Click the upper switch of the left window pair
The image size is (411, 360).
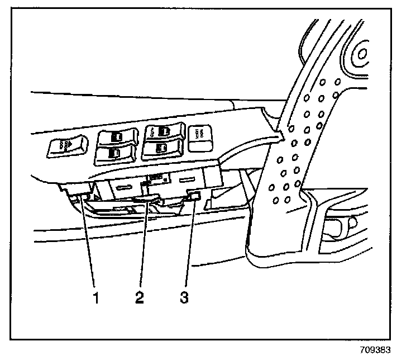(116, 136)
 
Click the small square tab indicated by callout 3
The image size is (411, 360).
(195, 195)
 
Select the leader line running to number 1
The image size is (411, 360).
(88, 246)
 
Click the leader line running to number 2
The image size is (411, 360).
(142, 246)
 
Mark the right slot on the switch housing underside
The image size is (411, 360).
(187, 182)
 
